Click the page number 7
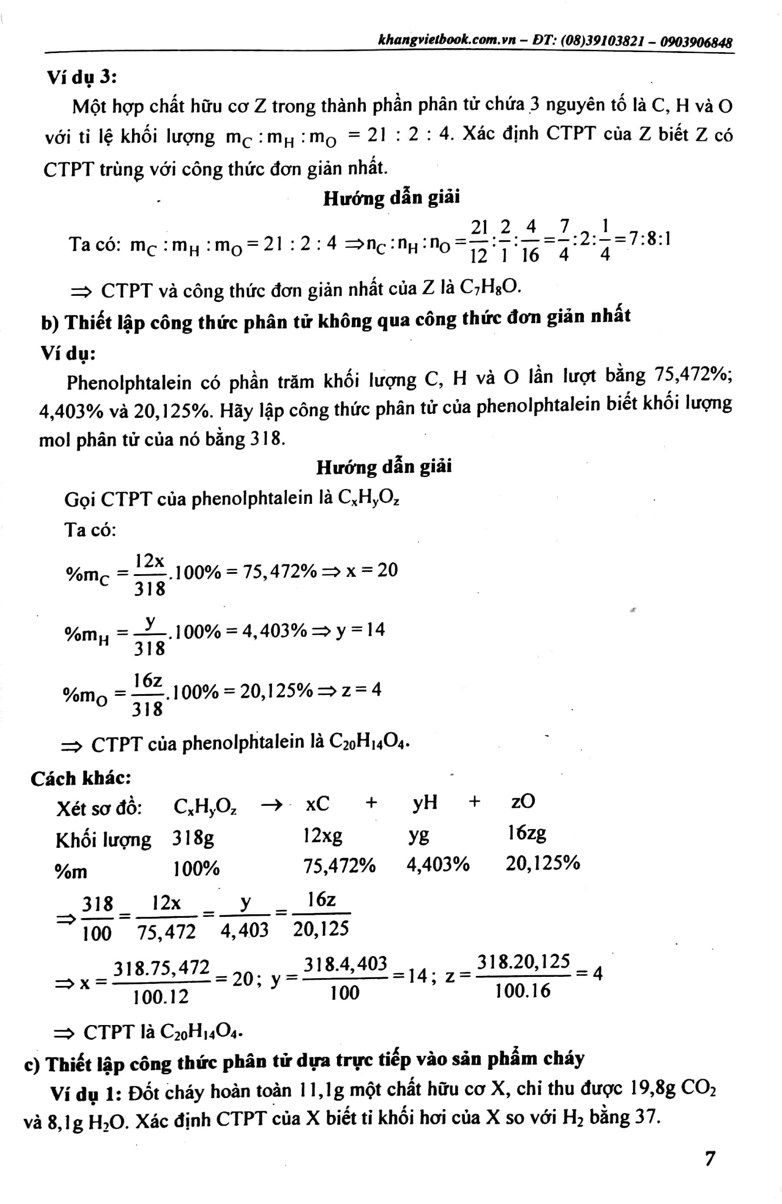709,1158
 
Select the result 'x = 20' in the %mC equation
372,571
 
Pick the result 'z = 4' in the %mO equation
361,689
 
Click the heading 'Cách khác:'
81,778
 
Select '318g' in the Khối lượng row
193,838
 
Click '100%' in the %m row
196,869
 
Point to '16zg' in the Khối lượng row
527,833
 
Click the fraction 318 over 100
97,918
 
